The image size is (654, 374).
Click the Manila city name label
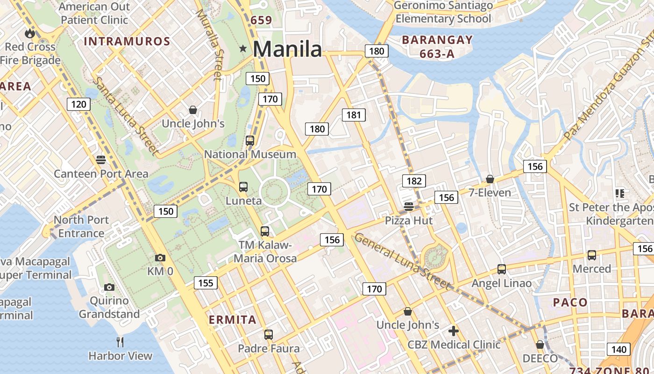pos(287,49)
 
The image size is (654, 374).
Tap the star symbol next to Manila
pos(243,49)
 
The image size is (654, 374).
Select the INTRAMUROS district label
pos(127,42)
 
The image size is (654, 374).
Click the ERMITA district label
pos(233,320)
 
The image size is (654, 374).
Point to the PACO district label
pos(570,302)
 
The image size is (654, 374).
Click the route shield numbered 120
pos(78,104)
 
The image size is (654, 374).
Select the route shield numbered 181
pos(354,115)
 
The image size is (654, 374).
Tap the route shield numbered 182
pos(414,181)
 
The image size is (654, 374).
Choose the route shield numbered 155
pos(206,282)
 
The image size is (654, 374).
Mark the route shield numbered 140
pos(618,349)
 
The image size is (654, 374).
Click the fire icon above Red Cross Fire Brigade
pos(30,33)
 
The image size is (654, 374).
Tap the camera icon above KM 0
pos(160,258)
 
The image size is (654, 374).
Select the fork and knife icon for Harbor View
pos(120,342)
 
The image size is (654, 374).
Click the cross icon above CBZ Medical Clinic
pos(453,331)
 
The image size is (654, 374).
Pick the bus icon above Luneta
pos(243,187)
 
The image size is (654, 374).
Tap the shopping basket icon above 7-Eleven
pos(490,179)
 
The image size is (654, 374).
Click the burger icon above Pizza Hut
pos(409,206)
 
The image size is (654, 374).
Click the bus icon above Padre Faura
pos(268,335)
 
